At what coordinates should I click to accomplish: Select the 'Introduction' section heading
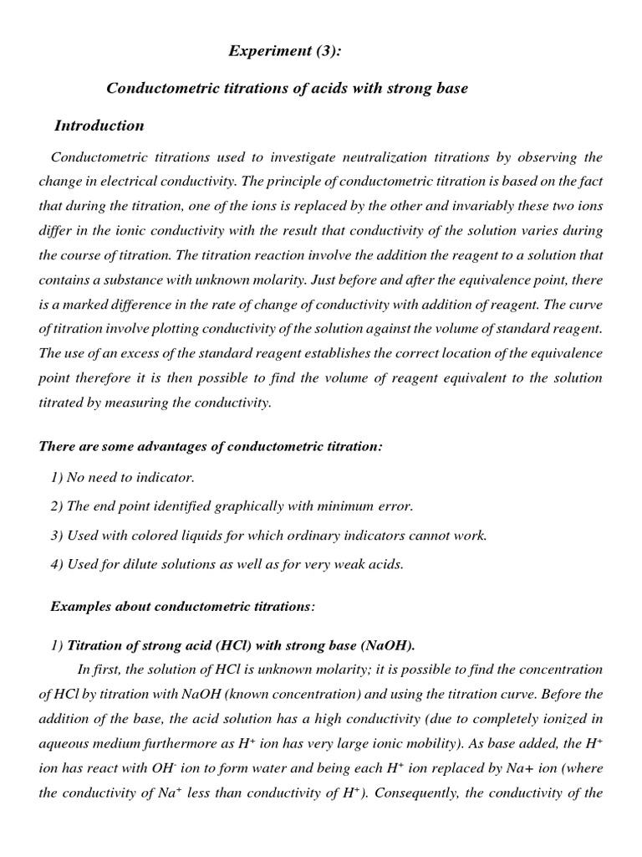click(x=99, y=126)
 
